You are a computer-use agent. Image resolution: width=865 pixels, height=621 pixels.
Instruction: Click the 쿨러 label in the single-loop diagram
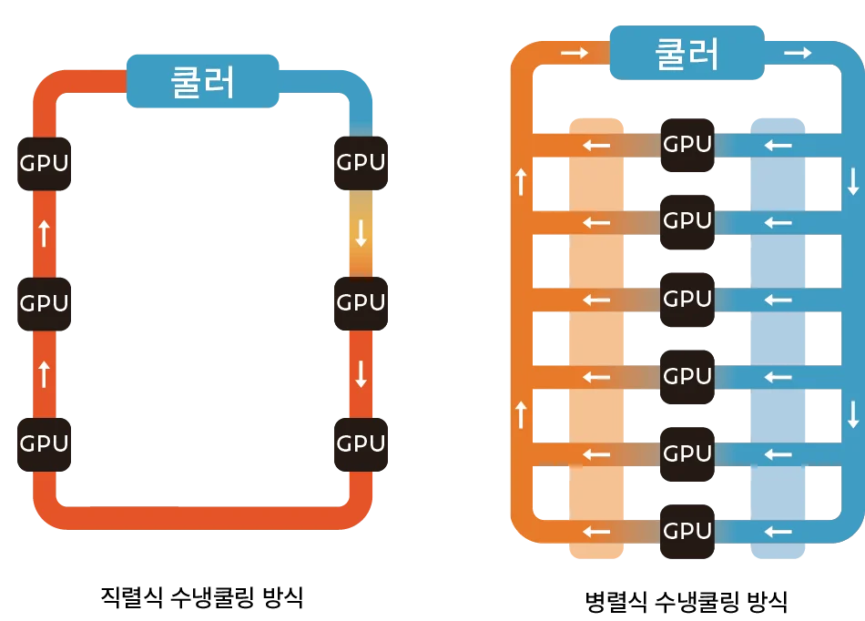[202, 81]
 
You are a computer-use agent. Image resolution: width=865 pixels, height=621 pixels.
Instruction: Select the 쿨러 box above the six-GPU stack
[687, 53]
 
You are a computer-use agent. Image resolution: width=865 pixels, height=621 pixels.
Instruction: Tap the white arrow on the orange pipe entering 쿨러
[575, 54]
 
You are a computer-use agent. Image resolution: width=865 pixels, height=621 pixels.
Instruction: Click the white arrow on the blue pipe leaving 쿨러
[798, 54]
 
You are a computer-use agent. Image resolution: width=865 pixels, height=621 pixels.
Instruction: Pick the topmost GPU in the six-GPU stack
[687, 144]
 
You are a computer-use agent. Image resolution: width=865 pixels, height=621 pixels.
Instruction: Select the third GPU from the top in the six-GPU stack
[687, 300]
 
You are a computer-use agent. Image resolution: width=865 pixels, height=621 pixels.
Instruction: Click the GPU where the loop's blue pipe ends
[361, 163]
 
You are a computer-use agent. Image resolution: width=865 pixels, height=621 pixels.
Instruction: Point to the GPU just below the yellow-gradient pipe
[361, 303]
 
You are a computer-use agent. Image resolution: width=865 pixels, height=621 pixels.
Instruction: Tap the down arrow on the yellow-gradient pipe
[361, 234]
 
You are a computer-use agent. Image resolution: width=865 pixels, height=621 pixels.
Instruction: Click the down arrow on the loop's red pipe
[361, 373]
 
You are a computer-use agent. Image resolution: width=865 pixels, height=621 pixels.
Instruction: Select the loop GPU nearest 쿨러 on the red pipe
[44, 163]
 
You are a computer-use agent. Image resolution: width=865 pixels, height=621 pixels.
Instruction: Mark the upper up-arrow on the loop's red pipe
[44, 234]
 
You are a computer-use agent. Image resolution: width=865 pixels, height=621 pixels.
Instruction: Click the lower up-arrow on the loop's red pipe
[44, 373]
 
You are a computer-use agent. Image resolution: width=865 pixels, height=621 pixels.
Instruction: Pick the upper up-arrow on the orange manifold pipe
[522, 182]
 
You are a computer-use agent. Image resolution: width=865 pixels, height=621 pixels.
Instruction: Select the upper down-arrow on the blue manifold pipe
[853, 182]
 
